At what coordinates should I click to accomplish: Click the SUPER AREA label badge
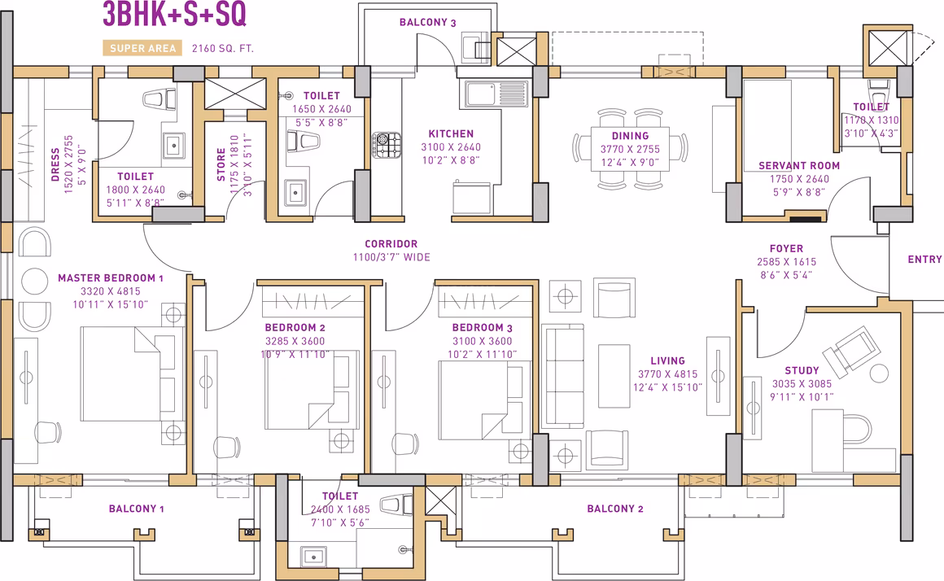coord(142,48)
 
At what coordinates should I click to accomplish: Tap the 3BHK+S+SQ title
coord(175,15)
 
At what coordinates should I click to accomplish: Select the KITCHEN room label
coord(451,133)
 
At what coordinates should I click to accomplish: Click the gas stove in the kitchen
coord(387,145)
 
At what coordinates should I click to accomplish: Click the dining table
coord(630,149)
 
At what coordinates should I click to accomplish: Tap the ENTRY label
coord(924,259)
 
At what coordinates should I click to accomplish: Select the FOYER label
coord(786,248)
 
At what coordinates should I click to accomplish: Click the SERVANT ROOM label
coord(799,165)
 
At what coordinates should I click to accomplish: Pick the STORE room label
coord(221,164)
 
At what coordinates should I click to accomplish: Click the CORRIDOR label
coord(391,244)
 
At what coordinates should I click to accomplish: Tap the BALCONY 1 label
coord(136,509)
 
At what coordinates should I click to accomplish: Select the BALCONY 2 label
coord(615,509)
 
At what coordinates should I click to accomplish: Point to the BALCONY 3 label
coord(428,22)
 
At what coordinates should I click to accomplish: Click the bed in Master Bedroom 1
coord(132,373)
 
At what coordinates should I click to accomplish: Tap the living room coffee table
coord(614,376)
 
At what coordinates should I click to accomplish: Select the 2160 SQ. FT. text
coord(223,48)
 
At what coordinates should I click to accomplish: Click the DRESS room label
coord(55,164)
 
